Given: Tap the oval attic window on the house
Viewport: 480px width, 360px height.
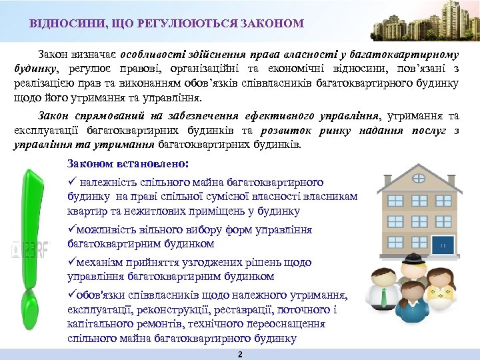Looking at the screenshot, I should (x=421, y=179).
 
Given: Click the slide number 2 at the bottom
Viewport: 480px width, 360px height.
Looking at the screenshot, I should (x=240, y=354).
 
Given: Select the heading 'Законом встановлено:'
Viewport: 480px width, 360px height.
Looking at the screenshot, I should (x=128, y=163).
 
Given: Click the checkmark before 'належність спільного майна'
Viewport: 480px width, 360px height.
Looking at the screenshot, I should (x=72, y=182).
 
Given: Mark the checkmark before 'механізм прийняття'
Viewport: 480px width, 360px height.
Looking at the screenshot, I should (x=71, y=262).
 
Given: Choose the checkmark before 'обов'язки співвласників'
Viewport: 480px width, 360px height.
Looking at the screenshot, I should (x=71, y=295).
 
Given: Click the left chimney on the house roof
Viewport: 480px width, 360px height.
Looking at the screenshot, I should (x=392, y=170).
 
